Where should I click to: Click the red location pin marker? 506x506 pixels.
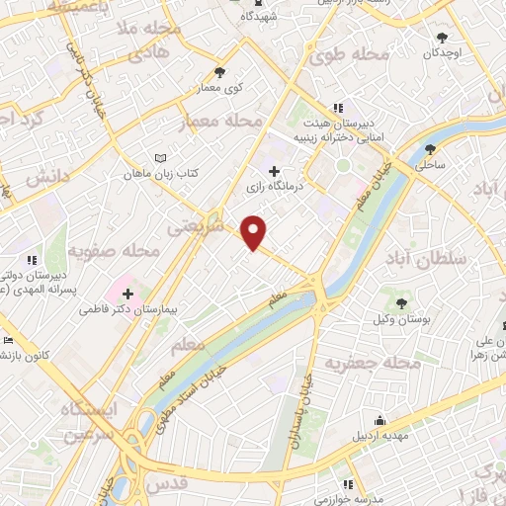[x=255, y=231]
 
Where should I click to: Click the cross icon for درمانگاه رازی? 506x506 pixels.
[x=274, y=171]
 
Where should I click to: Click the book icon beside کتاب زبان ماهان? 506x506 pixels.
[x=161, y=157]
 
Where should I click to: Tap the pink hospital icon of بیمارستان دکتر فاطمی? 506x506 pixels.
[x=128, y=293]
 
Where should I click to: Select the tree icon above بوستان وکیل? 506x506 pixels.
[x=402, y=302]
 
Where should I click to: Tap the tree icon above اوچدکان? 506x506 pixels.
[x=442, y=38]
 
